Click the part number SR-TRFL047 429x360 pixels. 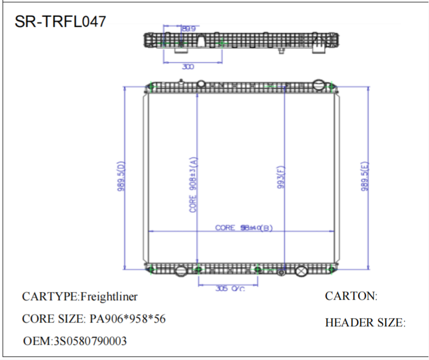click(x=60, y=21)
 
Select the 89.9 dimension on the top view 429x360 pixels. click(x=189, y=28)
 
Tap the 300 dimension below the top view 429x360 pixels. click(x=188, y=67)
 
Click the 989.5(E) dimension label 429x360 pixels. click(x=364, y=176)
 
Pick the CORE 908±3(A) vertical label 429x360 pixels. click(x=192, y=185)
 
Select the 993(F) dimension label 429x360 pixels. click(x=281, y=180)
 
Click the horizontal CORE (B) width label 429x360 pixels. click(x=243, y=228)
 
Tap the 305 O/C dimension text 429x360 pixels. click(x=230, y=289)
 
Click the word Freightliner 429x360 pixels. click(x=109, y=296)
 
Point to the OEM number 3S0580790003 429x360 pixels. click(x=89, y=341)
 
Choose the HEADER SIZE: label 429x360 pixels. click(x=365, y=322)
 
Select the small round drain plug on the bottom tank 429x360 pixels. click(x=281, y=272)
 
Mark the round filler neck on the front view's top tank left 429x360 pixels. click(x=201, y=83)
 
